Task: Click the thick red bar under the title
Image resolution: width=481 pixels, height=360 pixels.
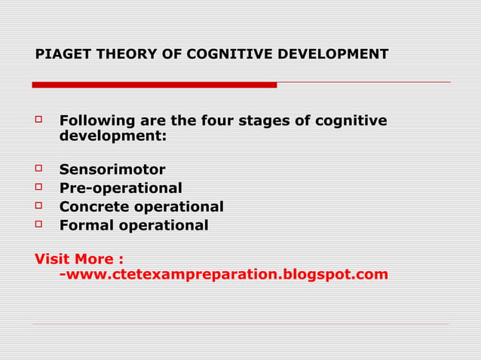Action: [x=155, y=84]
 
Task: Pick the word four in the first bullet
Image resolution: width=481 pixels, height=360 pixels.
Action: [x=215, y=121]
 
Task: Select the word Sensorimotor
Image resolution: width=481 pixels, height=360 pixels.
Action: [x=112, y=169]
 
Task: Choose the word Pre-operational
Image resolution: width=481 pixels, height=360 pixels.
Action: [x=121, y=188]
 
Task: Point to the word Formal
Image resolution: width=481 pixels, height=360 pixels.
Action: [x=84, y=225]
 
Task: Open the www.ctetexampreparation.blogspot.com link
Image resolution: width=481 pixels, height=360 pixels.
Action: [x=226, y=274]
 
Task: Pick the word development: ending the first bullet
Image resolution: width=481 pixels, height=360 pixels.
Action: [x=113, y=137]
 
